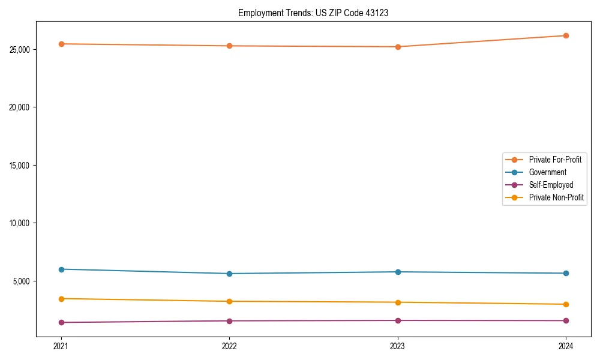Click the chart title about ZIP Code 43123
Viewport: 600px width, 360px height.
313,13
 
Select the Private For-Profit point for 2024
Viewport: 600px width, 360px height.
566,36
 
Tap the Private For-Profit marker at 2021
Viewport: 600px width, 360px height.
61,44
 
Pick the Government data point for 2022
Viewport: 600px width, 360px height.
229,274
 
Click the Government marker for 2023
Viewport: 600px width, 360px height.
398,272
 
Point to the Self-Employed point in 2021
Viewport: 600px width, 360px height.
61,322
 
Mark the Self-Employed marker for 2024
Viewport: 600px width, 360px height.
566,320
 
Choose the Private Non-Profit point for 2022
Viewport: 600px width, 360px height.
229,301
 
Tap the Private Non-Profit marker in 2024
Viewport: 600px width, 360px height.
566,304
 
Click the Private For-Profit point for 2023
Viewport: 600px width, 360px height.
398,47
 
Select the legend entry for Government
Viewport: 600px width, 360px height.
547,172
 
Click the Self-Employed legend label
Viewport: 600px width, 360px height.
551,185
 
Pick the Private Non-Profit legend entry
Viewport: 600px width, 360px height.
556,197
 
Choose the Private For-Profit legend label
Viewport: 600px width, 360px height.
555,160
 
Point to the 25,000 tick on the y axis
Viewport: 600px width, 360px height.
21,49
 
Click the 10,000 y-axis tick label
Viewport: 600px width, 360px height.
21,223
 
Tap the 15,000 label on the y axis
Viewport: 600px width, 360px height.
21,165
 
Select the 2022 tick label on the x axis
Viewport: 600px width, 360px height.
229,346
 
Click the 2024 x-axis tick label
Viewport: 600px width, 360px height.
566,346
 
